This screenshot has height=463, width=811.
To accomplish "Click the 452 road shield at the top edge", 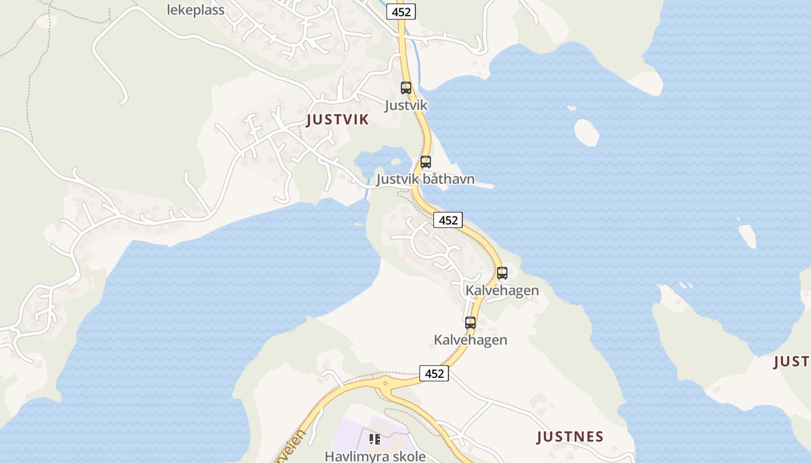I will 401,12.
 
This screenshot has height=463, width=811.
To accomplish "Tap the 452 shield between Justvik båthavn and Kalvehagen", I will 448,220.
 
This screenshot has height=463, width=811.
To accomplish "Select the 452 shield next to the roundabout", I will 434,373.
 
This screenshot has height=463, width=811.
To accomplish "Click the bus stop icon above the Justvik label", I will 406,88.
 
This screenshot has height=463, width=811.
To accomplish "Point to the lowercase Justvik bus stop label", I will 406,105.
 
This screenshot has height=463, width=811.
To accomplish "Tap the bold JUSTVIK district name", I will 338,120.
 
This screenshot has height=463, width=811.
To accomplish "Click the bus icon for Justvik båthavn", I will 426,162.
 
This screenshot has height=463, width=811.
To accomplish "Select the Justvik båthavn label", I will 426,179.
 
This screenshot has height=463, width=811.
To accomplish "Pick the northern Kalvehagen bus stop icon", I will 502,273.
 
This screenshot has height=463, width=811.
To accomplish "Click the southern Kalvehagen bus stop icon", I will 470,323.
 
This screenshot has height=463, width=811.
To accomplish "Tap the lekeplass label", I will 196,10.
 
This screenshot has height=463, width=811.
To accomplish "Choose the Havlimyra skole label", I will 375,456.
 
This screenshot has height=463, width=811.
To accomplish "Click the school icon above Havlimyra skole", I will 375,439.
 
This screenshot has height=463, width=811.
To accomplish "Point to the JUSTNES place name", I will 570,436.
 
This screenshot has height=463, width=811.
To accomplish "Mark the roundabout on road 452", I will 385,383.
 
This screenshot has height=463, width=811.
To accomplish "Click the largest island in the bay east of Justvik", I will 586,132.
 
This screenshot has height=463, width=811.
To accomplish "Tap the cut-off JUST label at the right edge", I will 792,362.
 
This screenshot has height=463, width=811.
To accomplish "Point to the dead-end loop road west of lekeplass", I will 110,58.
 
